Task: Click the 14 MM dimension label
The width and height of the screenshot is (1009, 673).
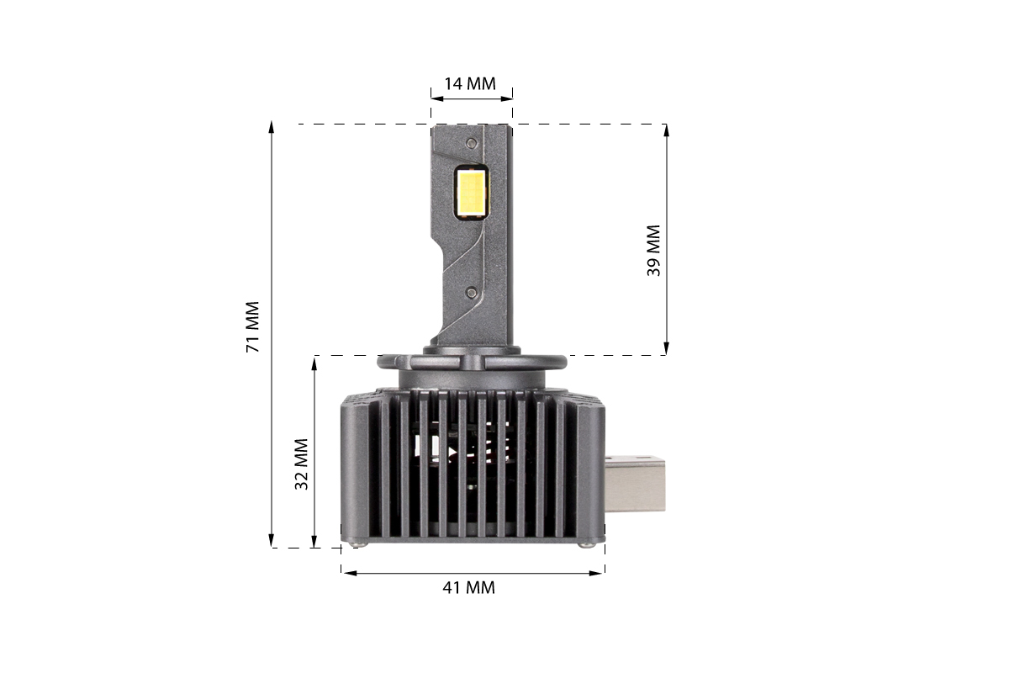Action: pos(470,84)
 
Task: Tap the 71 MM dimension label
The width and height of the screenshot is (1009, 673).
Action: pos(253,326)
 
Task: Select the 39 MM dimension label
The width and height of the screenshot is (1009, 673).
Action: pos(653,250)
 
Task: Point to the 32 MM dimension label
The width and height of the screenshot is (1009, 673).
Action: pos(301,464)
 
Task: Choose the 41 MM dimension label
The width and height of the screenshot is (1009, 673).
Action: pos(469,588)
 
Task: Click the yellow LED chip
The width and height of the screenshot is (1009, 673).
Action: pos(471,193)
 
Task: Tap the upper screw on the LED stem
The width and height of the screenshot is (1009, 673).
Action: pos(472,144)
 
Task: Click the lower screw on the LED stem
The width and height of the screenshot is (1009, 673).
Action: pos(472,293)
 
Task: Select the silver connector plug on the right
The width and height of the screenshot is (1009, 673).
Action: pos(635,484)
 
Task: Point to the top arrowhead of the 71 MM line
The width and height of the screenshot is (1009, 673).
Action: pos(271,127)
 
